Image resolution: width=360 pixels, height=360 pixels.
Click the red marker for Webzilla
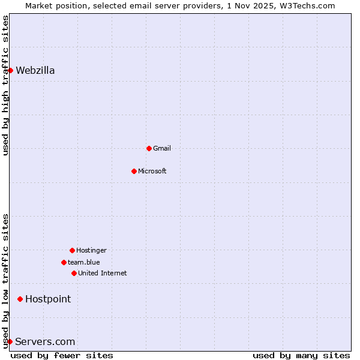point(10,70)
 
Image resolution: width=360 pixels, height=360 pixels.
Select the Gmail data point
point(149,148)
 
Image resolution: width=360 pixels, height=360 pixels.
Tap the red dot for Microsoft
point(134,171)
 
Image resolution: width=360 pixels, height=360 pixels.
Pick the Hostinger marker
point(72,250)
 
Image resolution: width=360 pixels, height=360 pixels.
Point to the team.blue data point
point(64,262)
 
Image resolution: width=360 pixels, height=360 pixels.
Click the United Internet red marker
point(74,273)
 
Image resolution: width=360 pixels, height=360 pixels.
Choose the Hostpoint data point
point(20,299)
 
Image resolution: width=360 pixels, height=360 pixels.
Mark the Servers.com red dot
point(10,341)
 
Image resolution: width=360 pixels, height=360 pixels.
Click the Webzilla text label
point(35,70)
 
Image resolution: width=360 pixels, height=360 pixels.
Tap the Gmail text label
point(162,148)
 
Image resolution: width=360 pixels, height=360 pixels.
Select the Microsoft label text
point(152,171)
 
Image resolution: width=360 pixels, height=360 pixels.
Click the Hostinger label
point(91,250)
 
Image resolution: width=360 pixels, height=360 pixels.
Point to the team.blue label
point(84,262)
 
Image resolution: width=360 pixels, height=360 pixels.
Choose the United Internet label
point(103,273)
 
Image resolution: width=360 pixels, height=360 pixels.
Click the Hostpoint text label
point(48,299)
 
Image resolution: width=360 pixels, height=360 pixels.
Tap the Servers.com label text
point(45,341)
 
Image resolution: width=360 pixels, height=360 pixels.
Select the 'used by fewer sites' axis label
point(62,355)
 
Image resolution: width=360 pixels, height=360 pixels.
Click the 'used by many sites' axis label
point(301,355)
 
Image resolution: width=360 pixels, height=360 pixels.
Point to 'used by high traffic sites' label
point(5,85)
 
